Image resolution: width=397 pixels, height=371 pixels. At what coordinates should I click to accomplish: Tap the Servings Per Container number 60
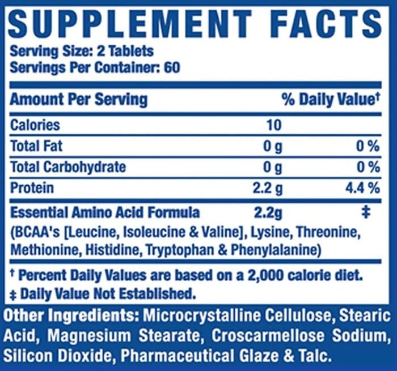(172, 67)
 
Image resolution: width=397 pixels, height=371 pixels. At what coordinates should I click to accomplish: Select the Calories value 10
(274, 125)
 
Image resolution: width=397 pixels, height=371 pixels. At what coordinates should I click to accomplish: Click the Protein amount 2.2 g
(268, 189)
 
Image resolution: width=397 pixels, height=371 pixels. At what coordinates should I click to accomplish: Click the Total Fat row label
(36, 146)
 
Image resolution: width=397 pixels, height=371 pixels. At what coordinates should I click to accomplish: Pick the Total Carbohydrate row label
(68, 167)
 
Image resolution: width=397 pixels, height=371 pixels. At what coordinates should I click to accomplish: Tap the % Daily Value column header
(331, 99)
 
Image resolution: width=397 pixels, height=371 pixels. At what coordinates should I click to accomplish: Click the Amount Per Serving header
(78, 99)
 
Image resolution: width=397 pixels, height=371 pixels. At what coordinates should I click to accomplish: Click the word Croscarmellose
(268, 336)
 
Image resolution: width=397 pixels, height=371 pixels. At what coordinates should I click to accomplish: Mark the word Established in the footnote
(157, 294)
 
